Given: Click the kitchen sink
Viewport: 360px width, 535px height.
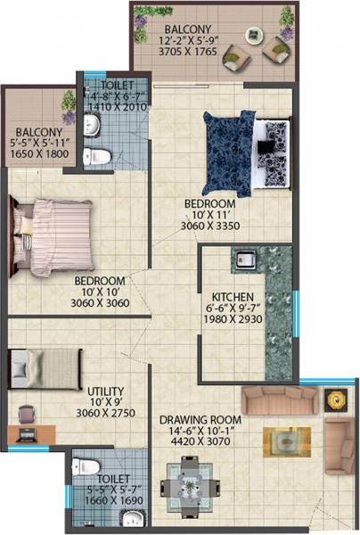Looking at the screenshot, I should coord(247,262).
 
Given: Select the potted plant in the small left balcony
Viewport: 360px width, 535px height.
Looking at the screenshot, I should coord(67,105).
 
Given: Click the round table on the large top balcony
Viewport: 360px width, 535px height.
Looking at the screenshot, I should coord(260,54).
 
